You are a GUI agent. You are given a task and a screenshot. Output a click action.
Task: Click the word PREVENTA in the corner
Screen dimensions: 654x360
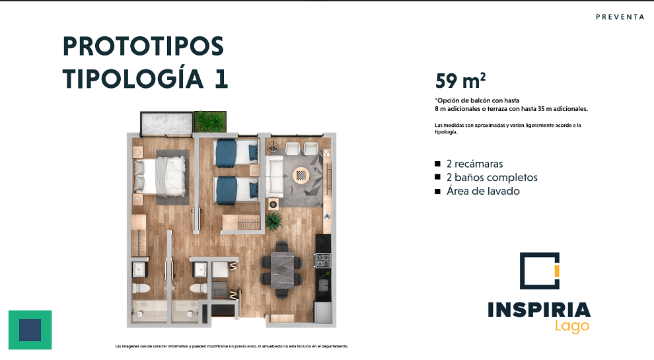coord(620,17)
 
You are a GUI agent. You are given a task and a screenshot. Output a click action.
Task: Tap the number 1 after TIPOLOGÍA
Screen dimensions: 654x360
coord(221,79)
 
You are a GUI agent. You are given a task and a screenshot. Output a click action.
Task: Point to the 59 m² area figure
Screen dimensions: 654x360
coord(460,80)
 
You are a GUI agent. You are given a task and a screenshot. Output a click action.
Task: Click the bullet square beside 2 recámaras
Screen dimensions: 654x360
coord(437,164)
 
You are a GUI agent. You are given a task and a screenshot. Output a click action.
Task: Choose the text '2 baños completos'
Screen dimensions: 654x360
coord(491,177)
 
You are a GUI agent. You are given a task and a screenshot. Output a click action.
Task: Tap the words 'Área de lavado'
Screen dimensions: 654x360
coord(483,191)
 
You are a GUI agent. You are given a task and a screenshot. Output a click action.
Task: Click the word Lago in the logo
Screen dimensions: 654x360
coord(572,326)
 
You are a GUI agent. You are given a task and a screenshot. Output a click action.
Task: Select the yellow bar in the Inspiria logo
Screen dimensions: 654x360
coord(556,271)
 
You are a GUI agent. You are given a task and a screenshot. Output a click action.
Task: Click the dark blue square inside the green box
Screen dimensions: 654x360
coord(30,330)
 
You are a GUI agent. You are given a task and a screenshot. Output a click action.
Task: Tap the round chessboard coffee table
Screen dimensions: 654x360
coord(301,175)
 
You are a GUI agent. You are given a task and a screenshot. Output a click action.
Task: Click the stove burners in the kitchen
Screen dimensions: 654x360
coord(323,261)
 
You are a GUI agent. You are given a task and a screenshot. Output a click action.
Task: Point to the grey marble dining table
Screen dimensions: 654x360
coord(281,270)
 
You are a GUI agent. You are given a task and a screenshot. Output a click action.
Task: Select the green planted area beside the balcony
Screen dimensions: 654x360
coord(210,122)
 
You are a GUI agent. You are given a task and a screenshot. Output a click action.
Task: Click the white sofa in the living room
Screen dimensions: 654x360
coord(274,176)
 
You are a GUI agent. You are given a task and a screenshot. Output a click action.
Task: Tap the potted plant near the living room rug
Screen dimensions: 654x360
coord(273,221)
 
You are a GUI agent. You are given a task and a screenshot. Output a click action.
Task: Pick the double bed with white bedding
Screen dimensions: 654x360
coord(160,176)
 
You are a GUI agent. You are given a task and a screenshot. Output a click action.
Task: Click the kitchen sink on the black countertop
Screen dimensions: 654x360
coord(323,285)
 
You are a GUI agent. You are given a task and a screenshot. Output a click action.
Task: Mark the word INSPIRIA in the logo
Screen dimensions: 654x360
coord(539,310)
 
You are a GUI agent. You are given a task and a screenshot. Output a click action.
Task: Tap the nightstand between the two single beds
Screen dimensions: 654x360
coord(254,170)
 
